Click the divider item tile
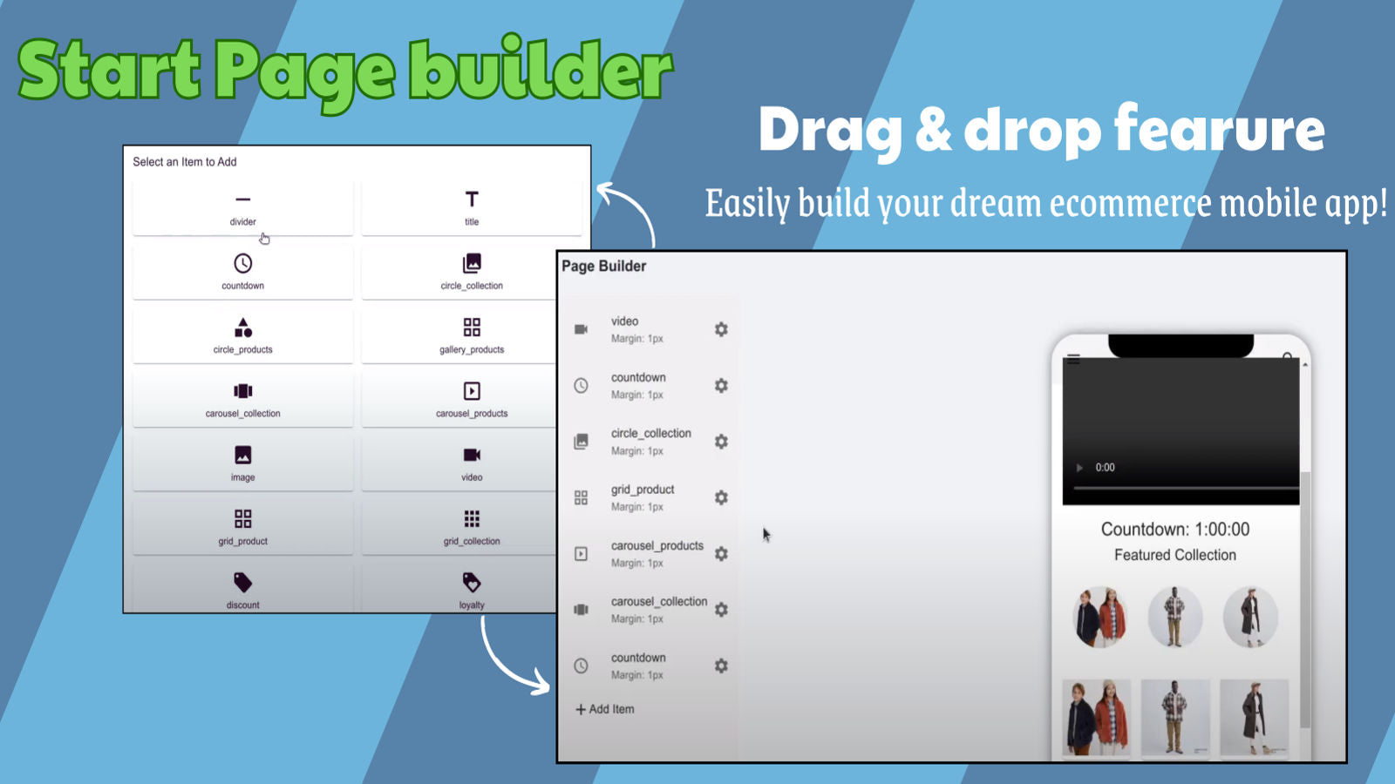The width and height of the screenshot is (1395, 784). click(242, 208)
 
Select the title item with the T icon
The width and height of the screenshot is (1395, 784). click(472, 208)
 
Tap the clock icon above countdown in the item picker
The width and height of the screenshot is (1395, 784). click(242, 263)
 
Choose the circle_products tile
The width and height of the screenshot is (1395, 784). click(242, 335)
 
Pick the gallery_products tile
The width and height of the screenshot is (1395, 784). click(472, 335)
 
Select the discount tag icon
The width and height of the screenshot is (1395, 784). click(242, 582)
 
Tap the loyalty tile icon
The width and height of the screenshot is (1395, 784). click(472, 582)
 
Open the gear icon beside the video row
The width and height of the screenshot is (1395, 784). click(721, 329)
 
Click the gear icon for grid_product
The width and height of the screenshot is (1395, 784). click(721, 497)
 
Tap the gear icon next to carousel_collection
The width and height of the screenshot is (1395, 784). click(721, 610)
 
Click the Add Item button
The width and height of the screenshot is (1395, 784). click(605, 709)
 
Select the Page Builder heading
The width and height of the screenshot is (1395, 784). click(603, 267)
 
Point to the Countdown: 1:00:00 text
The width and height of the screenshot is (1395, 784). click(1174, 530)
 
